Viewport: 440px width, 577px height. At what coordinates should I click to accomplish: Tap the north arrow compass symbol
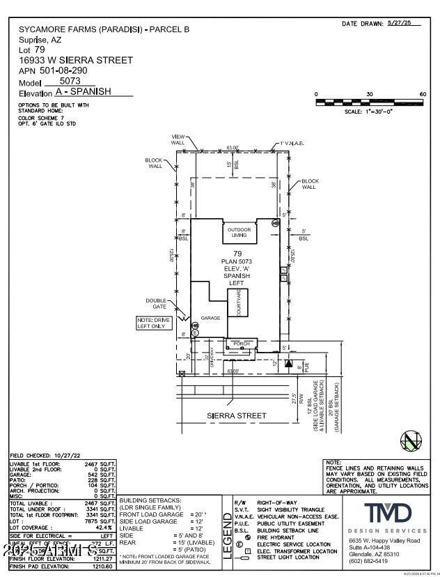(x=410, y=441)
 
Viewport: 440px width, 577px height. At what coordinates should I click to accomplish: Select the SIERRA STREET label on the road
(x=237, y=416)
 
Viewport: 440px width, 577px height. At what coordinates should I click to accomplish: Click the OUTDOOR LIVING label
(x=239, y=233)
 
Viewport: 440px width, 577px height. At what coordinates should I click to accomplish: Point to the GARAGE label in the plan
(x=210, y=318)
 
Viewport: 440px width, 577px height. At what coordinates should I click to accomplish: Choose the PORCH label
(x=241, y=344)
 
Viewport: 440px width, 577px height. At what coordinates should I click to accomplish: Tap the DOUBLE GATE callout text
(x=156, y=304)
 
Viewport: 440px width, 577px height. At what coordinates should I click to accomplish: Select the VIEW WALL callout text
(x=178, y=139)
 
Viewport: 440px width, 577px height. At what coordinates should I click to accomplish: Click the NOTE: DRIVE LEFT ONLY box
(x=152, y=323)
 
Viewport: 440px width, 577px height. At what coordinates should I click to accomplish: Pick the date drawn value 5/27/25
(x=404, y=23)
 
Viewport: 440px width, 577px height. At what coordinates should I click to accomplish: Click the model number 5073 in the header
(x=70, y=81)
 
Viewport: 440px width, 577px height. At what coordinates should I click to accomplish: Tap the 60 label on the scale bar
(x=422, y=94)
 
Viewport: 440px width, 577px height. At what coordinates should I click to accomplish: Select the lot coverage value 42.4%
(x=104, y=528)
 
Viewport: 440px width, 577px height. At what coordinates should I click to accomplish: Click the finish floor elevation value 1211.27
(x=103, y=558)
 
